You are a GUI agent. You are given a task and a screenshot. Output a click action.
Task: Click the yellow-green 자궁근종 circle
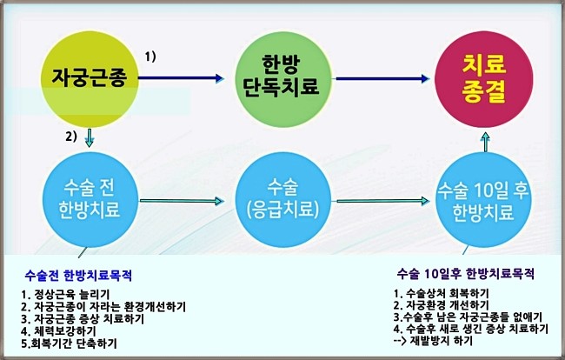click(x=90, y=79)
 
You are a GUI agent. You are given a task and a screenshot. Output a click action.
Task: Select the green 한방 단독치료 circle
click(x=282, y=79)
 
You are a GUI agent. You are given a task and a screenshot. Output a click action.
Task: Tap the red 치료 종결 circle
click(x=484, y=79)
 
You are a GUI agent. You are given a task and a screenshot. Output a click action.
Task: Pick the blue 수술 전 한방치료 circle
click(x=90, y=200)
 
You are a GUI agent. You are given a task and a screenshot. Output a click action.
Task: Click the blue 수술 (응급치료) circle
click(x=282, y=200)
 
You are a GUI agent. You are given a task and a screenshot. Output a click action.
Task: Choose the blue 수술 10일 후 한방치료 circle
click(x=483, y=200)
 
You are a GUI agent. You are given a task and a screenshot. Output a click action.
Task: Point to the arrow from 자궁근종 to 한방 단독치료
click(x=182, y=78)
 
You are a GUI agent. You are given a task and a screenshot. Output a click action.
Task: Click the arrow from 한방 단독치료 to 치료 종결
click(x=382, y=78)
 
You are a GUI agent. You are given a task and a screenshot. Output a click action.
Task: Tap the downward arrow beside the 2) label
click(x=89, y=137)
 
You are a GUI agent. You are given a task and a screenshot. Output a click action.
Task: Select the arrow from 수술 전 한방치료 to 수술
click(x=182, y=201)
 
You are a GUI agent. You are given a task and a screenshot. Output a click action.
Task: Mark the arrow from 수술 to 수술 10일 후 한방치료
click(x=383, y=201)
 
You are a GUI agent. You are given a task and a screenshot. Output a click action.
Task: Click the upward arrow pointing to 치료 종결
click(x=486, y=142)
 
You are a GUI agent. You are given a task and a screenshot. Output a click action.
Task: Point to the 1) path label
click(x=150, y=57)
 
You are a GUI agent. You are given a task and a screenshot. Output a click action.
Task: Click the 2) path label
click(x=71, y=137)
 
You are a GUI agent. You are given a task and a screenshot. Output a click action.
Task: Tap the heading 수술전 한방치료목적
click(x=78, y=276)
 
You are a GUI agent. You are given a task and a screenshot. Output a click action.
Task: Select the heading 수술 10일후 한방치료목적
click(x=466, y=274)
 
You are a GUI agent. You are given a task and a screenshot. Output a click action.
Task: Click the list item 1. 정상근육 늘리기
click(x=65, y=295)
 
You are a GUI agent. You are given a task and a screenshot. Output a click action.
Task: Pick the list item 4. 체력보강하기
click(x=58, y=330)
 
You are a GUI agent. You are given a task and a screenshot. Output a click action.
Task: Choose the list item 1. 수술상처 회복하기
click(x=442, y=293)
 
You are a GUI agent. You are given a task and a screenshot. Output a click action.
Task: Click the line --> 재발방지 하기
click(x=433, y=341)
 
